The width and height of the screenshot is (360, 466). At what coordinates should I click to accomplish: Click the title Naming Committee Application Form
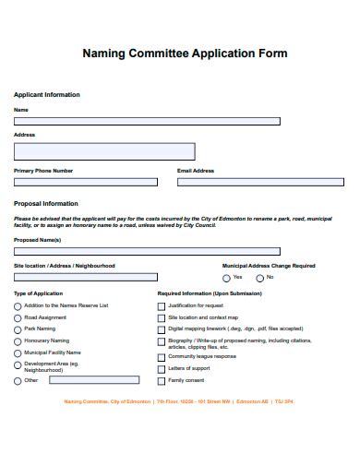click(x=185, y=54)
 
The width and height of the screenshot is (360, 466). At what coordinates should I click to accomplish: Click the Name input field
click(x=147, y=121)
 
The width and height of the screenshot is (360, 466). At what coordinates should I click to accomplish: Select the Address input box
click(x=104, y=151)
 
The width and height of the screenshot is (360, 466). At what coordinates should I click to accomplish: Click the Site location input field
click(x=85, y=277)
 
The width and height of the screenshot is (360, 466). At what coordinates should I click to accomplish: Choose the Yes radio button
click(x=226, y=278)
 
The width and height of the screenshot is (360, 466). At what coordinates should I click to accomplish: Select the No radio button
click(x=260, y=278)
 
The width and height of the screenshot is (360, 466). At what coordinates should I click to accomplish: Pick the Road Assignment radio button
click(x=18, y=317)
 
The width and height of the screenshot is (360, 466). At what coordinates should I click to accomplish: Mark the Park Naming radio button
click(x=18, y=329)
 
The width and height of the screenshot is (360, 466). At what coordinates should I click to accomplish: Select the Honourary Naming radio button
click(x=18, y=341)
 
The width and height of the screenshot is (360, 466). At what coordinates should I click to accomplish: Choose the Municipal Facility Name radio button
click(x=18, y=353)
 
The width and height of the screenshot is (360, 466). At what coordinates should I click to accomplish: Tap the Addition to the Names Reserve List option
click(x=18, y=305)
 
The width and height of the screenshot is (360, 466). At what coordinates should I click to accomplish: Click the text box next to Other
click(x=92, y=379)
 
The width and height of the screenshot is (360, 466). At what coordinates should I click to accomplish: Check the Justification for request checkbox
click(x=162, y=305)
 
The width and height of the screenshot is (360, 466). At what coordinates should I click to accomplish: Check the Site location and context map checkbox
click(x=162, y=317)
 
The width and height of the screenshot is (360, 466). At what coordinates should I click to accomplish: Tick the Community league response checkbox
click(x=162, y=356)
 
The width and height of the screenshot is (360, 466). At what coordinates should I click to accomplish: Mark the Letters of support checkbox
click(x=162, y=368)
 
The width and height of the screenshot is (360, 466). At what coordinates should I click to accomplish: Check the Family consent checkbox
click(x=162, y=380)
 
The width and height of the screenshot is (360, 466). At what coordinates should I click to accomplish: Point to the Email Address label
click(x=196, y=171)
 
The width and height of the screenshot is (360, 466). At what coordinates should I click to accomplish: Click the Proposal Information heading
click(x=46, y=203)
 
